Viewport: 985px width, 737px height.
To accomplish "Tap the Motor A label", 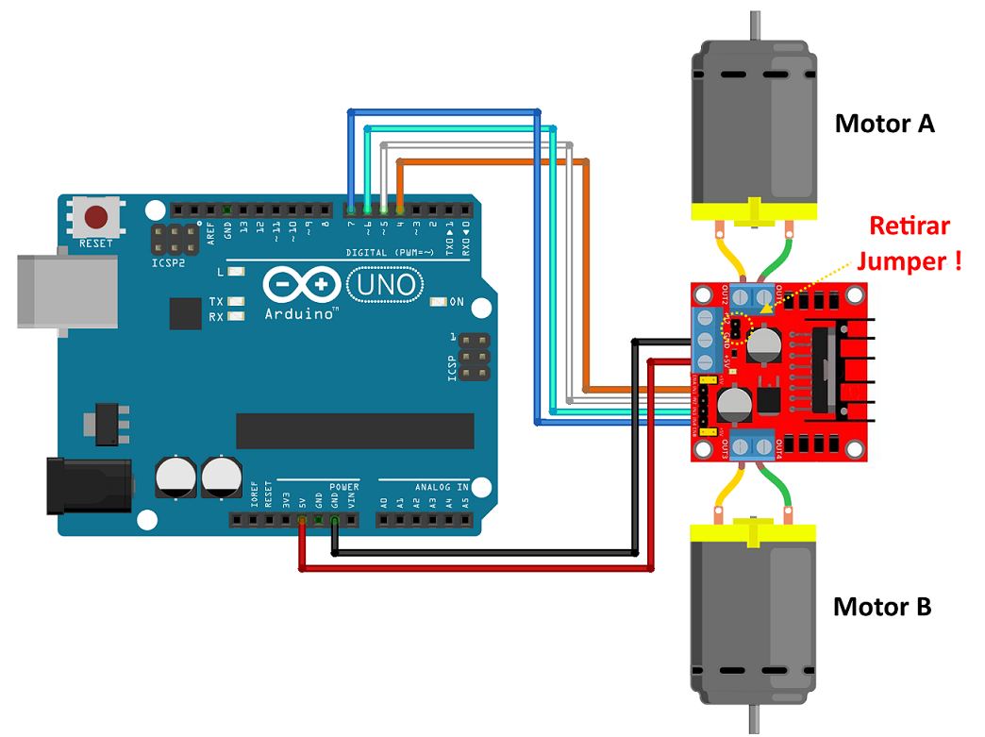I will (x=884, y=124).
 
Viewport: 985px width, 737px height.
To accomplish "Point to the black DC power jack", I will (x=90, y=485).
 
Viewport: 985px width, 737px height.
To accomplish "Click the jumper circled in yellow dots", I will (x=731, y=328).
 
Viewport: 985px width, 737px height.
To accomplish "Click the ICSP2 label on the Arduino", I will (x=169, y=263).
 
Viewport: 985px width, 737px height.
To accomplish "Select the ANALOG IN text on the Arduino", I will (x=437, y=488).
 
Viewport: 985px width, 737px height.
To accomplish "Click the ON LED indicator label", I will (x=457, y=303).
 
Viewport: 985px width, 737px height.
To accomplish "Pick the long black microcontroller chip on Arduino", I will (x=355, y=430).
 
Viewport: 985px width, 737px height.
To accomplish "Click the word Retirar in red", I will (x=909, y=226).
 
